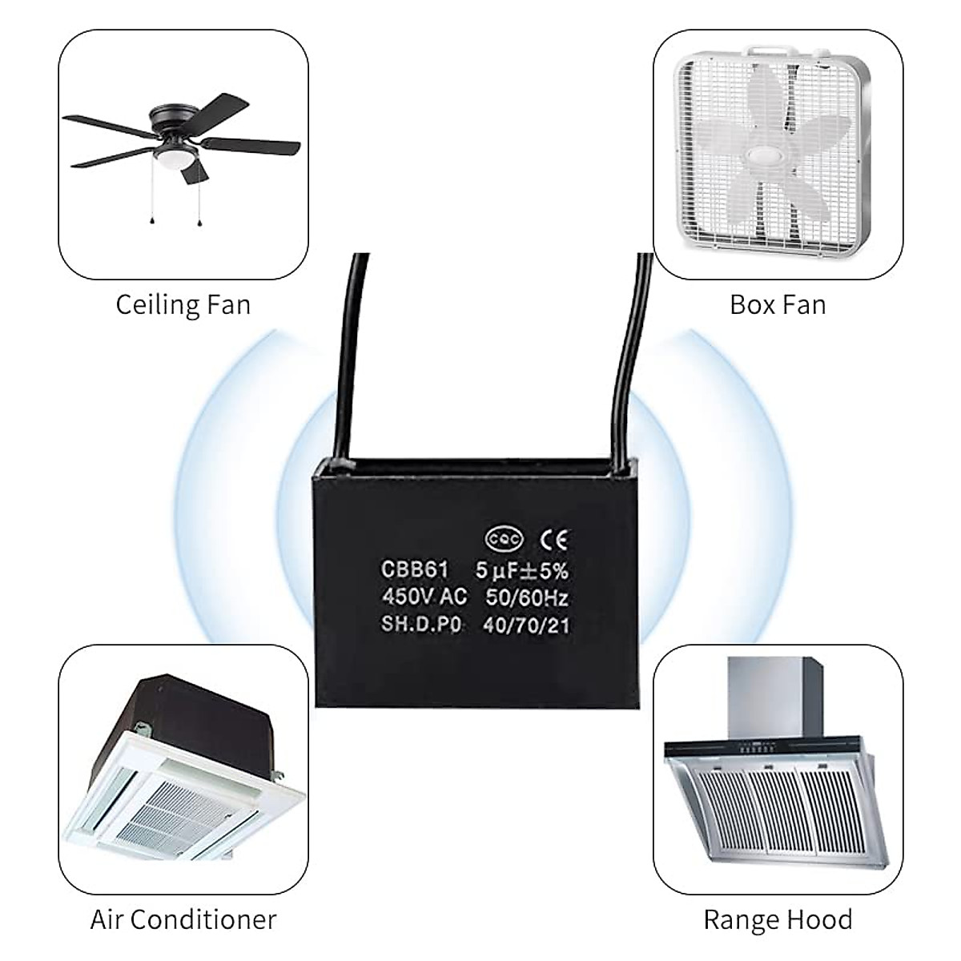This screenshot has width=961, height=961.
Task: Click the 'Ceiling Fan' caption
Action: click(183, 305)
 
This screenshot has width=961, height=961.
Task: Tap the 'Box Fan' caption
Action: click(777, 305)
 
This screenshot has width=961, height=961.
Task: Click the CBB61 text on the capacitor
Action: click(415, 570)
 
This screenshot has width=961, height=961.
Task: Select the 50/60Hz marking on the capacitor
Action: click(527, 597)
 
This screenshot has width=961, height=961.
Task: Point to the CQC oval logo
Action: click(505, 540)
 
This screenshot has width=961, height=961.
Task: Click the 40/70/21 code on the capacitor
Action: click(526, 625)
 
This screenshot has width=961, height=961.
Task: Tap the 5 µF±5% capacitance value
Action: click(521, 570)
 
